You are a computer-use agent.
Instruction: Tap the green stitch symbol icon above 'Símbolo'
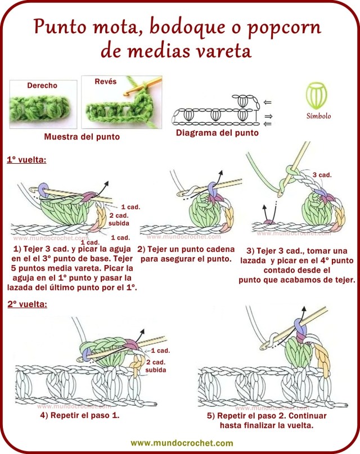coord(318,96)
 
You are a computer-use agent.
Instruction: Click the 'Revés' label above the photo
coord(106,82)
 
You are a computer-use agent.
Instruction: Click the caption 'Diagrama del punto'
coord(217,133)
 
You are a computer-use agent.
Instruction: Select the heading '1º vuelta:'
coord(26,160)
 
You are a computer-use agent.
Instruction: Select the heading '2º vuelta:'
coord(26,304)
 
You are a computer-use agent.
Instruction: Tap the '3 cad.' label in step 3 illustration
coord(322,175)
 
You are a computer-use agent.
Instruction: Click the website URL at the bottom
coord(181,443)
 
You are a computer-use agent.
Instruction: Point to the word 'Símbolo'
coord(318,116)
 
